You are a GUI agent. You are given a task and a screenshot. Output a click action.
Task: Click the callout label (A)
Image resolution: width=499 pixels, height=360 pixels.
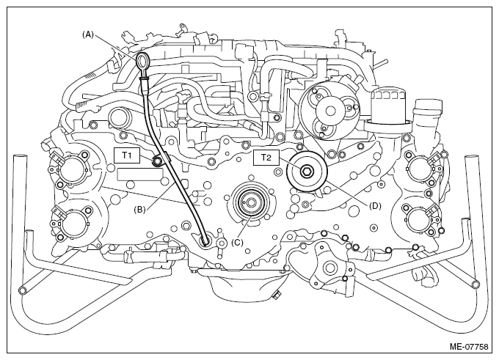point(88,34)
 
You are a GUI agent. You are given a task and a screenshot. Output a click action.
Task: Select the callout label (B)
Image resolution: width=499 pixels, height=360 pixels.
point(139,209)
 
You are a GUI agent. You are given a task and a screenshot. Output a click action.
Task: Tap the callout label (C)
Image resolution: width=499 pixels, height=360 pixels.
point(237,243)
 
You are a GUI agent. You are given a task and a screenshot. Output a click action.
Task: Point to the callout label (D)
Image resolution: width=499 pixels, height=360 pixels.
point(375,206)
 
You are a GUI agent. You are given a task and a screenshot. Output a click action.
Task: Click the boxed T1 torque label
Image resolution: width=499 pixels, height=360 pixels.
point(127,155)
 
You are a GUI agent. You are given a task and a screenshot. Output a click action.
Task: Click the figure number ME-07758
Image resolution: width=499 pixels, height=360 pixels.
point(469,346)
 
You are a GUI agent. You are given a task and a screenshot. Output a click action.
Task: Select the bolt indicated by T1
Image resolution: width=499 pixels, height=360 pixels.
point(157,161)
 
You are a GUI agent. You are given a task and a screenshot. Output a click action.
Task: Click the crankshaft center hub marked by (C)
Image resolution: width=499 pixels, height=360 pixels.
point(251,202)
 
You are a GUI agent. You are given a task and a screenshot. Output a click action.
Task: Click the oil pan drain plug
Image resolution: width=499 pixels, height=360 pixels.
point(276,294)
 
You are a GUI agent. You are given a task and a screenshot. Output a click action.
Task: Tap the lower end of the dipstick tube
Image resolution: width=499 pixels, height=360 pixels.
point(205,242)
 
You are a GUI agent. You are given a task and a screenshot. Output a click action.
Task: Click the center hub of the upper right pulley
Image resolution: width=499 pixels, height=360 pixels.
point(330,111)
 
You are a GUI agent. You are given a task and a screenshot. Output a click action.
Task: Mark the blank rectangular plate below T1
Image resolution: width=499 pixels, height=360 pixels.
point(140,175)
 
